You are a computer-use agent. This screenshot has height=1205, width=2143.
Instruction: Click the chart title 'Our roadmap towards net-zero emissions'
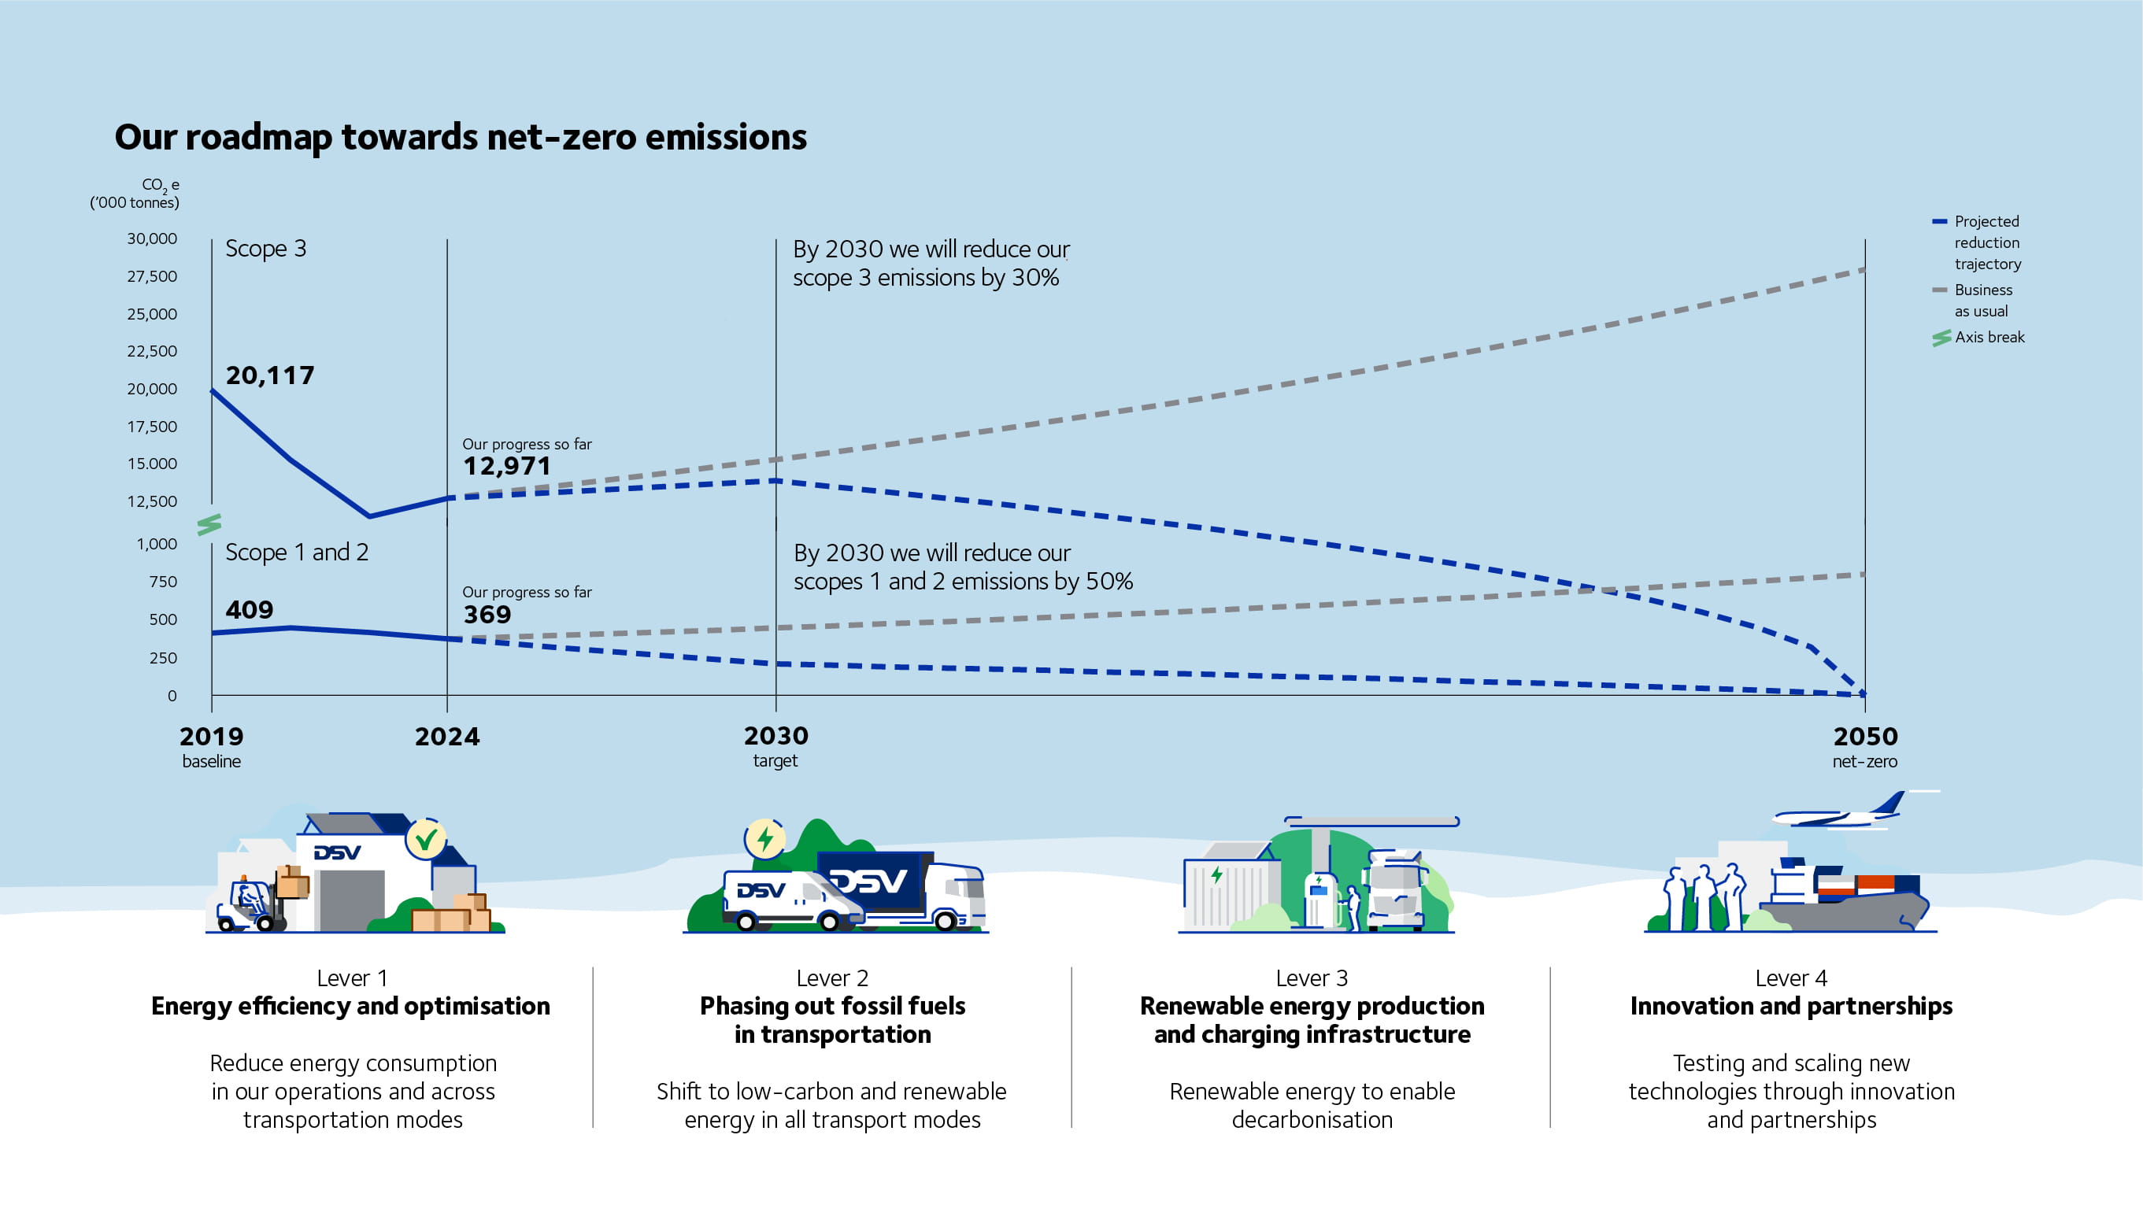(x=460, y=137)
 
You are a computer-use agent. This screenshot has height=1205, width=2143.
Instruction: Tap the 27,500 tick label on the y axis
(x=151, y=276)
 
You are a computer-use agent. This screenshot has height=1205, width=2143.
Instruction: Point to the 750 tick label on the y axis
(x=163, y=582)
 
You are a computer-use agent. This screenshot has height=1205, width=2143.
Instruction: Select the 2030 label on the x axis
(x=775, y=736)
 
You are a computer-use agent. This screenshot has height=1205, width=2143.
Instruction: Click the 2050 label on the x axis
(x=1865, y=736)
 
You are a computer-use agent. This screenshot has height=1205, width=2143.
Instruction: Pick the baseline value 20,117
(x=269, y=376)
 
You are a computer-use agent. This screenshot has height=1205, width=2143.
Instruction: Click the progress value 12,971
(x=507, y=466)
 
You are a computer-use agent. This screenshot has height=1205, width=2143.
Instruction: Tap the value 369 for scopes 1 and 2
(x=487, y=615)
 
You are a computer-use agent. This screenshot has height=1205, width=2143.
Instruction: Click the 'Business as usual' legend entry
(x=1982, y=300)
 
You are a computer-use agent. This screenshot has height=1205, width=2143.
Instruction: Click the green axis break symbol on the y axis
(x=209, y=524)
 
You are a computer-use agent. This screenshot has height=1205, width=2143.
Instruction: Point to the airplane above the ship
(x=1843, y=812)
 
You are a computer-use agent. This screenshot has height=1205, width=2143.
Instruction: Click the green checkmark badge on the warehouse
(x=426, y=839)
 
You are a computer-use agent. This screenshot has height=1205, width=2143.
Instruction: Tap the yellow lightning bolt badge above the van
(x=764, y=838)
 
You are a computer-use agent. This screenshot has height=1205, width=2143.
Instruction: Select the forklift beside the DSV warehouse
(x=250, y=904)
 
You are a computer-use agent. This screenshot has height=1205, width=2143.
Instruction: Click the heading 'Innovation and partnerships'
(x=1791, y=1006)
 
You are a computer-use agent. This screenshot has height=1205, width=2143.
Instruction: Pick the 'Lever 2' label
(x=832, y=978)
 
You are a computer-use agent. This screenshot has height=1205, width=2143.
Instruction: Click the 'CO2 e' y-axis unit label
(x=160, y=185)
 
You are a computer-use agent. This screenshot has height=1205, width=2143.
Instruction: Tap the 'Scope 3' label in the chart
(x=265, y=249)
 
